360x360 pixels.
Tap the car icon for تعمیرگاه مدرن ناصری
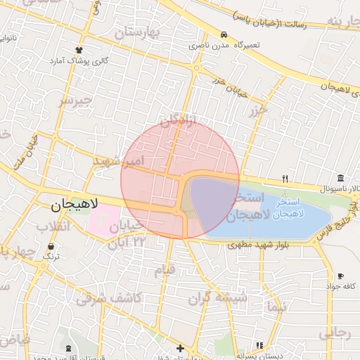click(x=224, y=34)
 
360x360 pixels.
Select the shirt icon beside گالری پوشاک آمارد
click(x=79, y=50)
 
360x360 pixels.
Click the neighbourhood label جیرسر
click(x=75, y=101)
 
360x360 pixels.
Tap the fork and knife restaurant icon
click(x=285, y=178)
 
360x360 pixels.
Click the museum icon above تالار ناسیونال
click(x=340, y=177)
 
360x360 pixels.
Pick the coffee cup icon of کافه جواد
click(x=340, y=276)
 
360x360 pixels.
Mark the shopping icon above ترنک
click(x=51, y=247)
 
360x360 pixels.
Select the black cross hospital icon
click(x=181, y=347)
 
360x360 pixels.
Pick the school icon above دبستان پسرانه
click(x=260, y=345)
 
